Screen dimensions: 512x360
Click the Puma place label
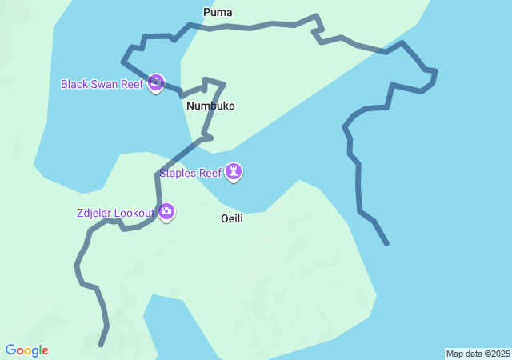(218, 12)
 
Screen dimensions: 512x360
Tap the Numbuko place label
(210, 106)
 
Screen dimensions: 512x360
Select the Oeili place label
(232, 218)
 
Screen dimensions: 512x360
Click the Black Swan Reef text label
(102, 83)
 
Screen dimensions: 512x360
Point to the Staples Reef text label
(190, 172)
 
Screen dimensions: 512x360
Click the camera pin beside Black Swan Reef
(156, 82)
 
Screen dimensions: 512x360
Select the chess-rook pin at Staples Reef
(234, 171)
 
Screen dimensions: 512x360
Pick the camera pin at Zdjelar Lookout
(166, 212)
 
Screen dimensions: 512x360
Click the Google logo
(26, 350)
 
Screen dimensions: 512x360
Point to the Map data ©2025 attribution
(478, 354)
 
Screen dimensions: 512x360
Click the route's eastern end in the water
(387, 243)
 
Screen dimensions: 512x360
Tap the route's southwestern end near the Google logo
(100, 346)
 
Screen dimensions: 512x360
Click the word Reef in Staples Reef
(210, 172)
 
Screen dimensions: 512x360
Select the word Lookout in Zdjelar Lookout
(134, 213)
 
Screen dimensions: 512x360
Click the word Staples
(177, 172)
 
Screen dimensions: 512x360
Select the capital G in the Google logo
(10, 350)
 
